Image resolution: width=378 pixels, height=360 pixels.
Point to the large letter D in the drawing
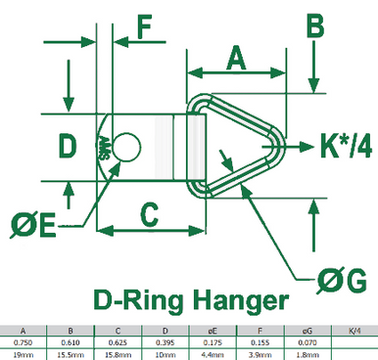(66, 147)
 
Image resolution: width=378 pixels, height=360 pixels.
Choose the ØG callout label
(342, 283)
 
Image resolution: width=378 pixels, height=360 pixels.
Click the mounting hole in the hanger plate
(125, 149)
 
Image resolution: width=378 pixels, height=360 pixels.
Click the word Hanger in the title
(238, 299)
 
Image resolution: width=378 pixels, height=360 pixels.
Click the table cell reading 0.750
(23, 342)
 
